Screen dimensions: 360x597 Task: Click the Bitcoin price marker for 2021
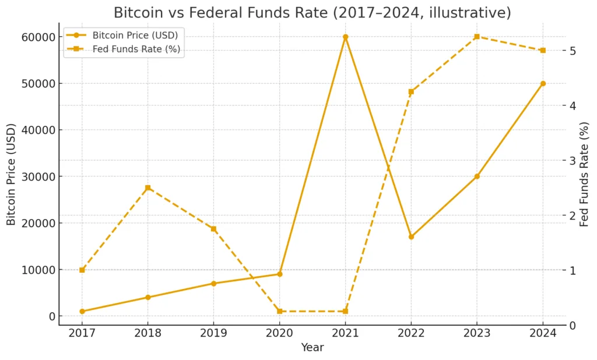pyautogui.click(x=345, y=37)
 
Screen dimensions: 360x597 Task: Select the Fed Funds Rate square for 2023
pyautogui.click(x=477, y=37)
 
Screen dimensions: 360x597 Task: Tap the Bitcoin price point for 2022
pyautogui.click(x=411, y=237)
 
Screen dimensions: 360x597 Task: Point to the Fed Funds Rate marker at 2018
pyautogui.click(x=148, y=188)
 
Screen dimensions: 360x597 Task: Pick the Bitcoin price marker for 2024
pyautogui.click(x=543, y=83)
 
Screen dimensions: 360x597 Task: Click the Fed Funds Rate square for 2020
pyautogui.click(x=279, y=312)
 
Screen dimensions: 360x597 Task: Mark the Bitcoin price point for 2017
pyautogui.click(x=82, y=312)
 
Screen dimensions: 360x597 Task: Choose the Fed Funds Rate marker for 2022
pyautogui.click(x=411, y=91)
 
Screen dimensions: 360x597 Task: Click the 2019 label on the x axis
pyautogui.click(x=213, y=334)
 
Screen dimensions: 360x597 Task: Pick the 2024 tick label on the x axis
pyautogui.click(x=543, y=334)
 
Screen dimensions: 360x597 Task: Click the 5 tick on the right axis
pyautogui.click(x=573, y=51)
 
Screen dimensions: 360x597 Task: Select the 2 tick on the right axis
pyautogui.click(x=573, y=216)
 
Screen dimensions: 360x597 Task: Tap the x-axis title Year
pyautogui.click(x=312, y=348)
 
